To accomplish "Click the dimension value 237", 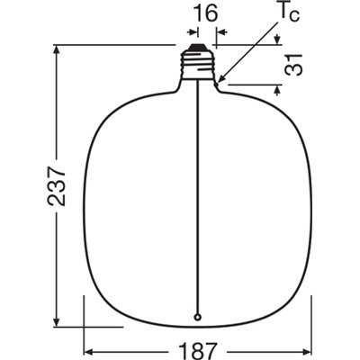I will tap(56, 186).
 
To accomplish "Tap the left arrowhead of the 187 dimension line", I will tap(89, 347).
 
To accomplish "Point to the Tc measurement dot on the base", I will tap(216, 82).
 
